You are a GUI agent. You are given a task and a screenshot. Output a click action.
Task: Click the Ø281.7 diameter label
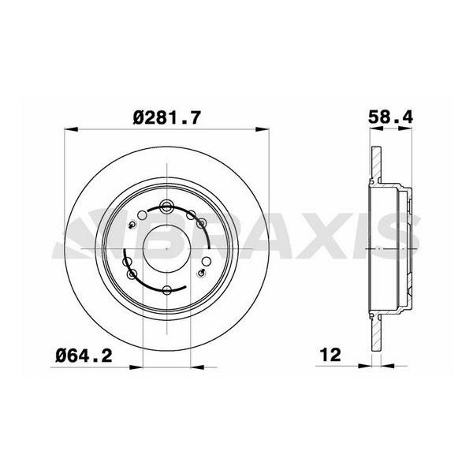click(166, 117)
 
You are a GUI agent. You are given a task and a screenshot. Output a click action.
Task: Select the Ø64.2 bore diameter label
click(84, 356)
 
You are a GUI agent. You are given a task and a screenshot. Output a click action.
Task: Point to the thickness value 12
click(331, 355)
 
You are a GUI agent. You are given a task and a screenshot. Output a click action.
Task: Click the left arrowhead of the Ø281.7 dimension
click(71, 129)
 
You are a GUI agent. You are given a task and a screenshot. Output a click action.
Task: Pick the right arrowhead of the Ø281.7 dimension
click(263, 129)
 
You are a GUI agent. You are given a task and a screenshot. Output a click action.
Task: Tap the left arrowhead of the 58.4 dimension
click(377, 128)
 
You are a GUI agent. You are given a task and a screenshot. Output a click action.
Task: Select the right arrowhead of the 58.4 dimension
click(405, 128)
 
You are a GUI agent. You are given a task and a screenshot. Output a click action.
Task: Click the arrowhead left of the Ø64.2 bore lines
click(136, 367)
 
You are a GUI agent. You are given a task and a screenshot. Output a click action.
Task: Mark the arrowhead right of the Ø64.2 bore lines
click(198, 367)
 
